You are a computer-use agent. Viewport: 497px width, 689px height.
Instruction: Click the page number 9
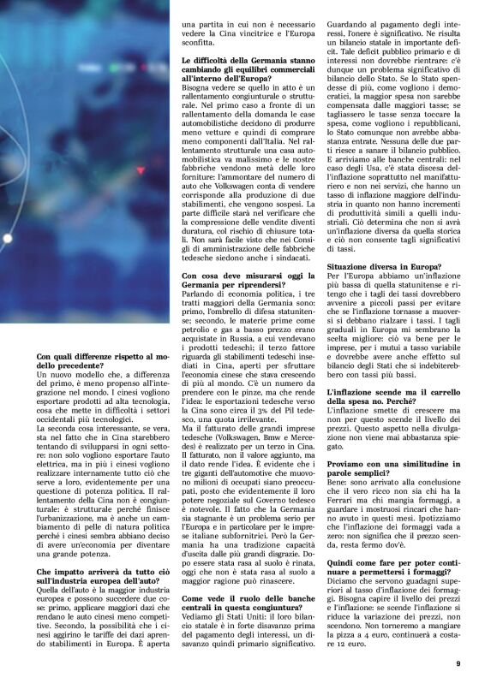[x=458, y=662]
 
